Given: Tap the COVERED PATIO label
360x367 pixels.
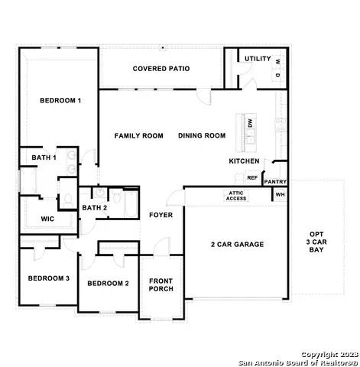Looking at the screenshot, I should [161, 69].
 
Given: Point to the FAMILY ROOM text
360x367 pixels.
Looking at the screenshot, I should [139, 136].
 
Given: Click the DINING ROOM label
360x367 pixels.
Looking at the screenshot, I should [202, 136].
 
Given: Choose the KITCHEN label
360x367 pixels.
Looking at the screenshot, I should [245, 161].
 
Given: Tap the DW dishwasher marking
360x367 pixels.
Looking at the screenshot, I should [249, 122].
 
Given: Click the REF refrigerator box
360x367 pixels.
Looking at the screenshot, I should [251, 177].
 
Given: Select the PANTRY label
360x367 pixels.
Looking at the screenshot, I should [274, 182].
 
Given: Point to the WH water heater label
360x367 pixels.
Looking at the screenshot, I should [279, 195].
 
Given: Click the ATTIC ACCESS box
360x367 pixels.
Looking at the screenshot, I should [236, 196].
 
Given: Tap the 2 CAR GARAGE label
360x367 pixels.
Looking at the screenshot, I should [237, 245].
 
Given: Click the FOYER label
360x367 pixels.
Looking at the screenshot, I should [161, 215].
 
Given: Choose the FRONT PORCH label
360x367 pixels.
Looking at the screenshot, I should [161, 284].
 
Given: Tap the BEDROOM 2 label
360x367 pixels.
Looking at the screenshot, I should [108, 284].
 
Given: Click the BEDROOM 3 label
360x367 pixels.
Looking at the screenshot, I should [48, 278].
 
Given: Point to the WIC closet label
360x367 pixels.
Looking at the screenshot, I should [47, 219].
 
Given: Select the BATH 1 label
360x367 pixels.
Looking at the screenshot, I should [44, 158].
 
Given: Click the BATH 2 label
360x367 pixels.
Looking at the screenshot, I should [94, 208].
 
